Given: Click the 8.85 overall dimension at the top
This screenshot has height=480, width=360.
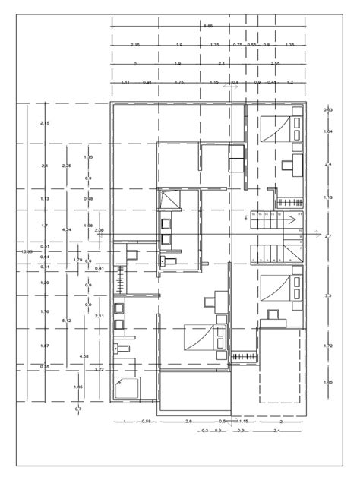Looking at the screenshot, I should pyautogui.click(x=208, y=26).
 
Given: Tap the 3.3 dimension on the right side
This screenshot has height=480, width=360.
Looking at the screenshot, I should pyautogui.click(x=328, y=295).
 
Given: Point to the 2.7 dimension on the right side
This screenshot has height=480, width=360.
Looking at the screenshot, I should pyautogui.click(x=328, y=237).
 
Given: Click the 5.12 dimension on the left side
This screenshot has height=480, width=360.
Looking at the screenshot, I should pyautogui.click(x=67, y=321).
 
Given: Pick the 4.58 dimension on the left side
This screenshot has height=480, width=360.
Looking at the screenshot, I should pyautogui.click(x=84, y=356).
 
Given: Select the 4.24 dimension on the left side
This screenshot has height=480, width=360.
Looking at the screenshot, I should pyautogui.click(x=67, y=229).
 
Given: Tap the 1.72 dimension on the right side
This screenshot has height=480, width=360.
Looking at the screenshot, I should pyautogui.click(x=328, y=346).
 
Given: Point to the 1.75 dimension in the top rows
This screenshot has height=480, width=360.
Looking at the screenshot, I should pyautogui.click(x=179, y=81).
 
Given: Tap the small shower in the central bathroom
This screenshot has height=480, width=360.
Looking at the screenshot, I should pyautogui.click(x=172, y=201).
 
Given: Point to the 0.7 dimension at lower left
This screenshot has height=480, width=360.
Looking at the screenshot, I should pyautogui.click(x=78, y=409).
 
